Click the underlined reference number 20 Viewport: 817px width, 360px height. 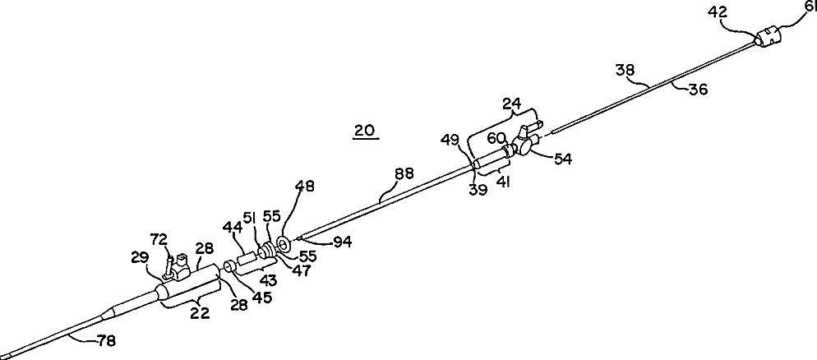tap(366, 130)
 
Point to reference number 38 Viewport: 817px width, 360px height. tap(625, 72)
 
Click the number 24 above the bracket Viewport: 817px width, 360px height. tap(511, 105)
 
